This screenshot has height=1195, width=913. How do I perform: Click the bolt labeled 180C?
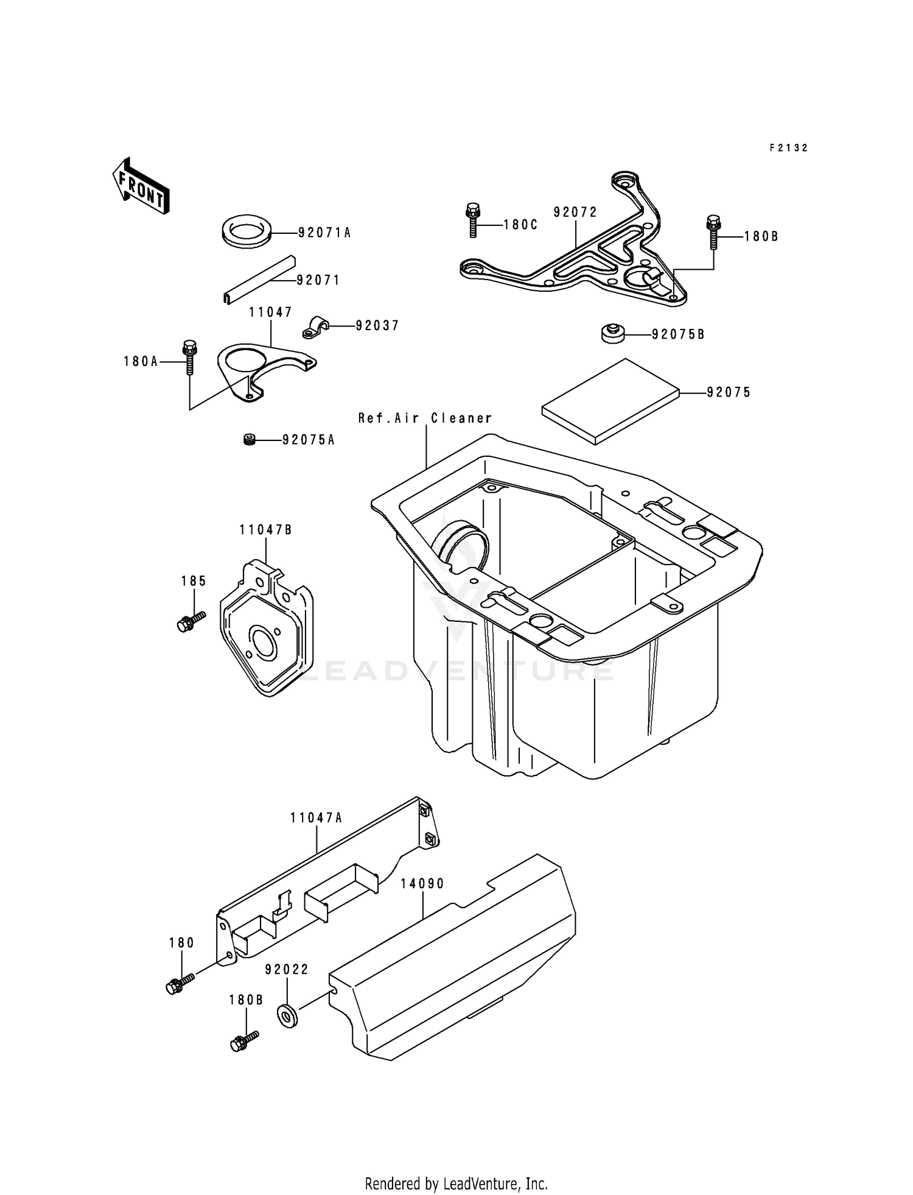(x=472, y=219)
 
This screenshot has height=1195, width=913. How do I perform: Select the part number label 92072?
(x=575, y=212)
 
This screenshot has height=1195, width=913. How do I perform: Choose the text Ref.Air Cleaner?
(x=425, y=418)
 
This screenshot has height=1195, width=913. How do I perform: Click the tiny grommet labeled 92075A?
(x=248, y=439)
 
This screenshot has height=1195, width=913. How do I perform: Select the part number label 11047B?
(x=265, y=530)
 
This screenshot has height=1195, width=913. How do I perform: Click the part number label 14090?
(x=422, y=883)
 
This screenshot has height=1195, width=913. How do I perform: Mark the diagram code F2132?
(x=788, y=147)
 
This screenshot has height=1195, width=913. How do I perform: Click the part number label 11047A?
(x=316, y=818)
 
